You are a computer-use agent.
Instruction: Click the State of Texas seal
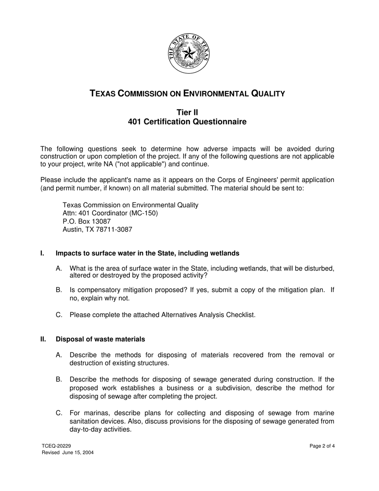[188, 53]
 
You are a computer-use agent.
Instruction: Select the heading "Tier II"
[187, 113]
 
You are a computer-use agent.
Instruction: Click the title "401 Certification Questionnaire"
[187, 122]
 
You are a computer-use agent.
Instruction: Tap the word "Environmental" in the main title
[215, 94]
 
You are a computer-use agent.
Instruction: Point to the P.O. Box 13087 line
[87, 221]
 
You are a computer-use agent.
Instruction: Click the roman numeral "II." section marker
[43, 339]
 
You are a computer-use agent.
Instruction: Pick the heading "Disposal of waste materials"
[100, 339]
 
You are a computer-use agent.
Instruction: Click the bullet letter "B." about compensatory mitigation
[59, 290]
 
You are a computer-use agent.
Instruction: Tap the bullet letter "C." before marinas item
[59, 413]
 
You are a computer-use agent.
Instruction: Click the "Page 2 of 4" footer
[322, 446]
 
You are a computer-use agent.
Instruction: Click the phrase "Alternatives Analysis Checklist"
[207, 315]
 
